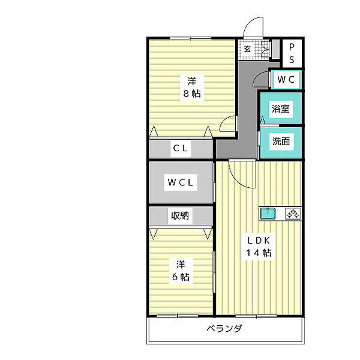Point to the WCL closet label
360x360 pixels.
pos(180,184)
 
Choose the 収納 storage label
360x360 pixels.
pos(180,215)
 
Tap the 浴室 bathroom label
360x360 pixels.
pos(281,109)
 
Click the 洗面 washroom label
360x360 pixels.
pos(281,142)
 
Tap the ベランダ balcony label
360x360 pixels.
pos(225,329)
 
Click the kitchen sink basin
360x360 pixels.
pos(267,213)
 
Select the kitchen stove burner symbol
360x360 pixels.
pos(292,213)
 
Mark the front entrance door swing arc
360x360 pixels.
pos(254,27)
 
